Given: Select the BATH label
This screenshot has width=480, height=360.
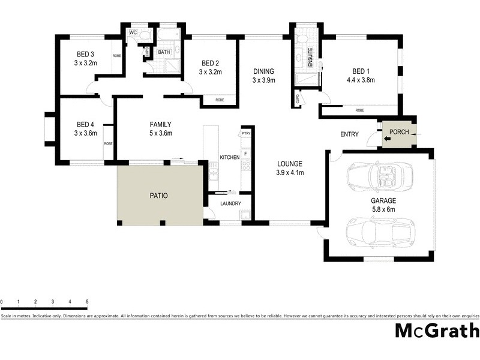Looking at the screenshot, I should pos(164,52).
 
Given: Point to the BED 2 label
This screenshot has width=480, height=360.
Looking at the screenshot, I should pos(211,63).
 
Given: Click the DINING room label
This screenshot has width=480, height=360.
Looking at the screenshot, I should pos(263,71).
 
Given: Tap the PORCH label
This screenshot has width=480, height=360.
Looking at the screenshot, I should pos(399,132).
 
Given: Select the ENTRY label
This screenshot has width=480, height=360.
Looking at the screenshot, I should pos(349,134).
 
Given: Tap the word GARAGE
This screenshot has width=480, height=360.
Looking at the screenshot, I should pos(382,201).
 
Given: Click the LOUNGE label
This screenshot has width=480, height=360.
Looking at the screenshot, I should pos(289,163).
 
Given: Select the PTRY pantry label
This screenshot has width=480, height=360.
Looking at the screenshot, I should pos(245,133).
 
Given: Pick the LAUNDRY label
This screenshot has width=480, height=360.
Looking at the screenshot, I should pos(231,203).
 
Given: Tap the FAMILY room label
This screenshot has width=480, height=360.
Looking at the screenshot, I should pos(161,124).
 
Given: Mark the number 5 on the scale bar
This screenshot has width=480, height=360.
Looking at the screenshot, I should pos(88,301).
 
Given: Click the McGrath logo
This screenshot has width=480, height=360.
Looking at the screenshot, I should pos(437,331).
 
